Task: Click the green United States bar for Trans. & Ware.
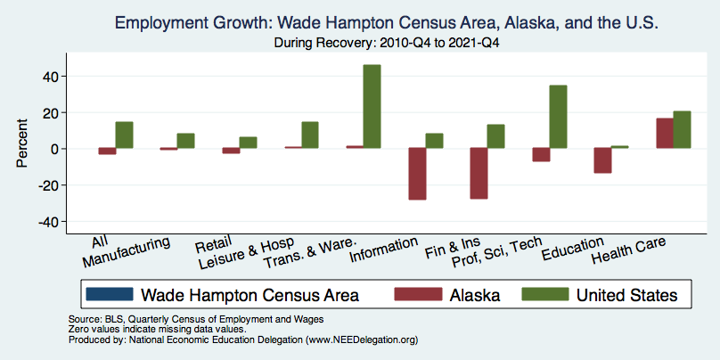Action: [x=372, y=107]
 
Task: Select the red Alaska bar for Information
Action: [x=417, y=174]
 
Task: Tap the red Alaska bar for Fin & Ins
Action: [x=479, y=173]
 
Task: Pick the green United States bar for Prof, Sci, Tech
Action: [x=559, y=117]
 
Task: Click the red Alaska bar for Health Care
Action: [x=665, y=133]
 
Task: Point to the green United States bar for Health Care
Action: [x=682, y=129]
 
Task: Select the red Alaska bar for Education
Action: [x=603, y=160]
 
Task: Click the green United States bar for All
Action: [x=124, y=135]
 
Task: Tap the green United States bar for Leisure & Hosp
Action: [x=310, y=135]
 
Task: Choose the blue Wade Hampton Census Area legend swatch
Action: [x=110, y=294]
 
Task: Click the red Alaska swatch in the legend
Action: [x=418, y=294]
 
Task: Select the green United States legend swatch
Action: [x=545, y=294]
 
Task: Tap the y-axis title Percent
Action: [x=22, y=143]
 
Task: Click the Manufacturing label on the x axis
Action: [x=127, y=252]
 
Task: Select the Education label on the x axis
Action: [x=573, y=249]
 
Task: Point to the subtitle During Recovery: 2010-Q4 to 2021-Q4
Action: [x=386, y=43]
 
